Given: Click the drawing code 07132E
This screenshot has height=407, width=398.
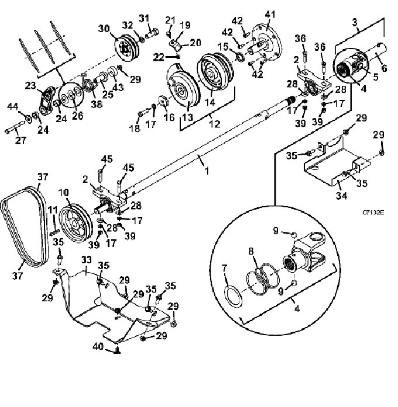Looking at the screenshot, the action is (373, 213).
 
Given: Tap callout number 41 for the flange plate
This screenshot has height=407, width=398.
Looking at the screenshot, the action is (270, 14).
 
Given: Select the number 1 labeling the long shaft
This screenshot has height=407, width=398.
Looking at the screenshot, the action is (207, 171).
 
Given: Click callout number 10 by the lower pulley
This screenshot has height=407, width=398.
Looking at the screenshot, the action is (63, 193).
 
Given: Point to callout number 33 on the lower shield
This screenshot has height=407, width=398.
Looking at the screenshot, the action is (87, 260).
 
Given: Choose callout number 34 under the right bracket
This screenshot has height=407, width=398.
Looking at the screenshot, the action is (341, 195).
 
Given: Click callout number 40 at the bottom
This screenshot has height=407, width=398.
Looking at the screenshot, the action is (98, 346).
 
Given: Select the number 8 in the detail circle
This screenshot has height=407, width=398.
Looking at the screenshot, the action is (251, 251).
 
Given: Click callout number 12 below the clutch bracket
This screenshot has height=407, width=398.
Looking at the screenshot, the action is (215, 124).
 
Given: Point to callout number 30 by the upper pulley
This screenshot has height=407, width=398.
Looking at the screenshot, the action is (104, 28).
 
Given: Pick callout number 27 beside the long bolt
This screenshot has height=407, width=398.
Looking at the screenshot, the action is (21, 140).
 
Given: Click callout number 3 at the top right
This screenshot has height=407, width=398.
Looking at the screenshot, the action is (355, 22).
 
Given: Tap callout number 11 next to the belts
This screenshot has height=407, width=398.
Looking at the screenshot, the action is (53, 209).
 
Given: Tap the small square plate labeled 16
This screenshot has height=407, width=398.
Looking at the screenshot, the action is (163, 100).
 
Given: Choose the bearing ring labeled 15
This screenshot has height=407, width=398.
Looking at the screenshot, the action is (240, 57).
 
